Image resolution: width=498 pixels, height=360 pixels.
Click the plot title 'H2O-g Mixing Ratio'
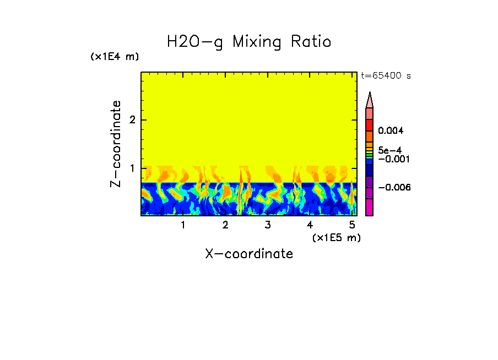click(249, 42)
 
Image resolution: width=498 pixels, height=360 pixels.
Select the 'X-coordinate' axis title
click(249, 254)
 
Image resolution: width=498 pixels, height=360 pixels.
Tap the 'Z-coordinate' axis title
click(116, 144)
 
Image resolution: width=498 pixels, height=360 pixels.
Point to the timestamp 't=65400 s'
click(386, 76)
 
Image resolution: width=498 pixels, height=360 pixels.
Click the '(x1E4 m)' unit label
click(115, 57)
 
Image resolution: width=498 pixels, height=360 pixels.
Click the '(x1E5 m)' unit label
click(336, 237)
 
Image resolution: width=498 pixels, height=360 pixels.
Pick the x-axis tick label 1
click(183, 225)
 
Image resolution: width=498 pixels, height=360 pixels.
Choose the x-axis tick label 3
click(267, 225)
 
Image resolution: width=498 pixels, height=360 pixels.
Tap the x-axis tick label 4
click(310, 225)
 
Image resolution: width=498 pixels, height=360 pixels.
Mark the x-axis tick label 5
click(352, 225)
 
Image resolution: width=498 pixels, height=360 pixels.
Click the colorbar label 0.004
click(391, 131)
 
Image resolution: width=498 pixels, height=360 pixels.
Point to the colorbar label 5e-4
click(389, 150)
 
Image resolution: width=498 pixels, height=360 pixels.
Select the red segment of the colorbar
click(370, 125)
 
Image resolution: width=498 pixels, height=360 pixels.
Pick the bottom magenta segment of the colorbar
click(370, 207)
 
